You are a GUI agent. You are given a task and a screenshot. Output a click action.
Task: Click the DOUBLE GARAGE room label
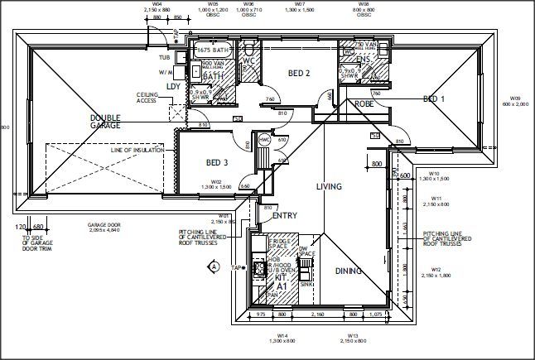pos(105,122)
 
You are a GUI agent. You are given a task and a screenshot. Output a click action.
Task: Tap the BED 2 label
pos(298,73)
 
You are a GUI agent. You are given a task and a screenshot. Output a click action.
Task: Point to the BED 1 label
pos(434,98)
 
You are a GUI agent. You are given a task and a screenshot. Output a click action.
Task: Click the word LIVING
pos(328,187)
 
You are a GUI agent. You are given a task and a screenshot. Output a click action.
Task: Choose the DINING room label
pos(348,271)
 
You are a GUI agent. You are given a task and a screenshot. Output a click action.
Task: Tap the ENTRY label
pos(284,215)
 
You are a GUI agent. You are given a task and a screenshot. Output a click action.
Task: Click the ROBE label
pos(341,104)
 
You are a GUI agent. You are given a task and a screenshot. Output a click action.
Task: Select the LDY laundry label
pos(173,85)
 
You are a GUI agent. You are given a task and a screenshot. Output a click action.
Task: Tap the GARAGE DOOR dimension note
pos(105,228)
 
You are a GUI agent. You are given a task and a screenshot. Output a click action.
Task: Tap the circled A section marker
pos(214,267)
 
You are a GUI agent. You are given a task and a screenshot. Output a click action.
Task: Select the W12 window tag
pos(436,270)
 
